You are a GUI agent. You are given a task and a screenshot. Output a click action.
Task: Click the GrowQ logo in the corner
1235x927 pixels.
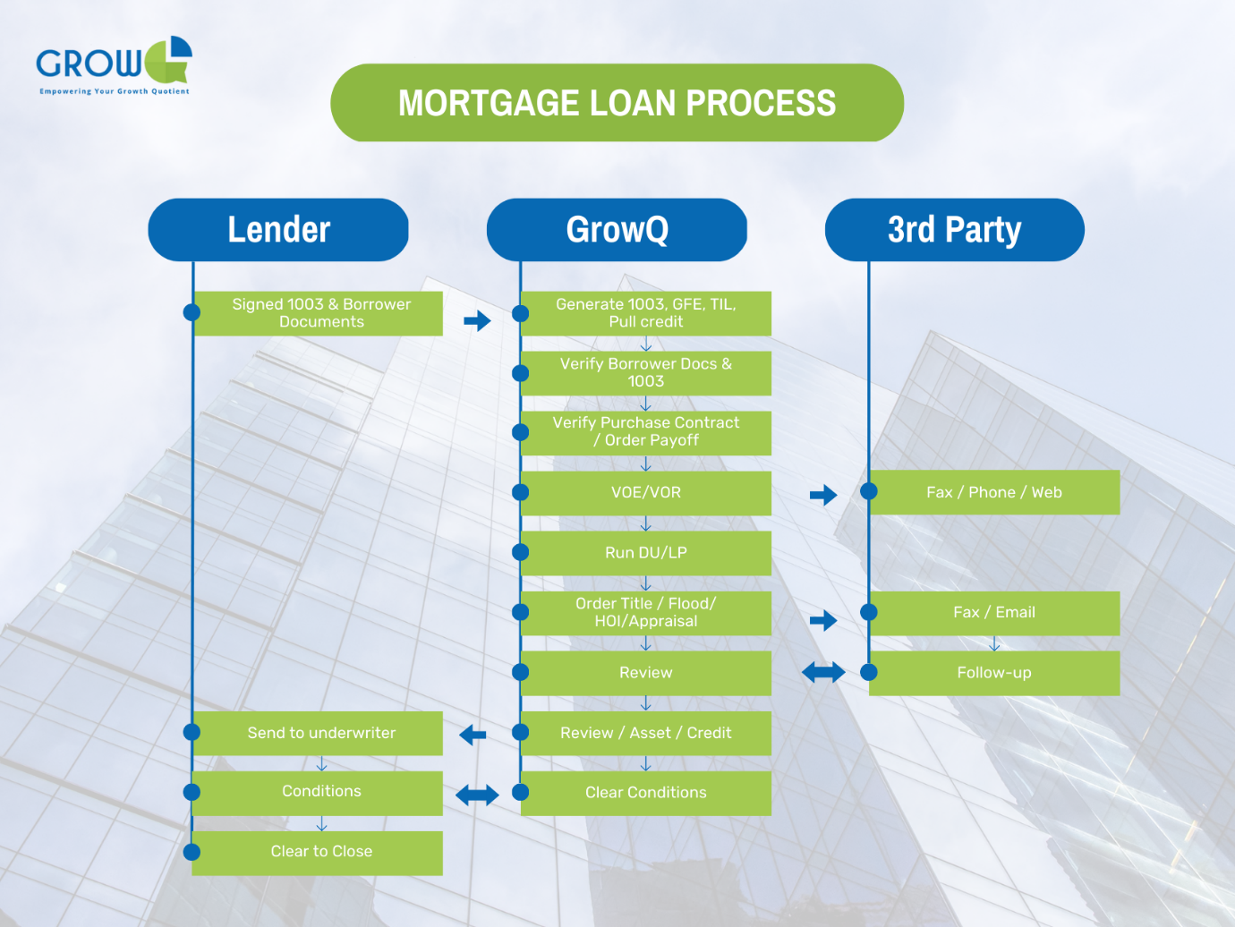coord(114,65)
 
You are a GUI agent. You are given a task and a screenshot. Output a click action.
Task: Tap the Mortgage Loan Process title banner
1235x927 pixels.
coord(617,103)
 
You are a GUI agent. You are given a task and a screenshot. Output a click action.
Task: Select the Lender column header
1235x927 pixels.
coord(278,230)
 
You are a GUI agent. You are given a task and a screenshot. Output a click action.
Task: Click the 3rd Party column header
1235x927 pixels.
coord(954,230)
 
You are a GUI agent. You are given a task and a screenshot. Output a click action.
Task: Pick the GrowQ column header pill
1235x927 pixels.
coord(617,230)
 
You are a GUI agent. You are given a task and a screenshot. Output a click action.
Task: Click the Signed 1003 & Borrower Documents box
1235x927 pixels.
coord(320,313)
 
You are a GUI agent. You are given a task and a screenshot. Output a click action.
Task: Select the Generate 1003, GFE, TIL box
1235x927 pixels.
coord(645,313)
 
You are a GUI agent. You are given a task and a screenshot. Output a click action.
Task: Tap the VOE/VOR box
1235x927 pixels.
coord(645,493)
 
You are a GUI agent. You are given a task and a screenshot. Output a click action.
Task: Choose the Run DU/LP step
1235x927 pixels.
coord(645,553)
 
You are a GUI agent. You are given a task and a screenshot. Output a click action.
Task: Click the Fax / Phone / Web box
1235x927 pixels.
coord(993,492)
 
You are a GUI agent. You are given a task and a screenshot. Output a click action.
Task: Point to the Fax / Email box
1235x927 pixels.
coord(993,613)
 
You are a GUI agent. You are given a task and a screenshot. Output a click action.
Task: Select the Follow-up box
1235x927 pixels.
coord(993,673)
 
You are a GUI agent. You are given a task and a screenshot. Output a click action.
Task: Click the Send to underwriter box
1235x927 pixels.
coord(320,733)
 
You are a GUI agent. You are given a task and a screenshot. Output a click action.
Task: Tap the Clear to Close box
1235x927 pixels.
coord(320,852)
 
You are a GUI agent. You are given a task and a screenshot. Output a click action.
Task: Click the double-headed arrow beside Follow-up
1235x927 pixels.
coord(823,672)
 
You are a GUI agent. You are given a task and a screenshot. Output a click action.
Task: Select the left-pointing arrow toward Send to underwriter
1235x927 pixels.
coord(473,736)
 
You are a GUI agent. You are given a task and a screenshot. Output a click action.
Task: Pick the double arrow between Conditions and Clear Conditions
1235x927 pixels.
coord(477,795)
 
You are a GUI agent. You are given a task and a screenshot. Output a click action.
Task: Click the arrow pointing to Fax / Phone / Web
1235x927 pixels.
coord(823,495)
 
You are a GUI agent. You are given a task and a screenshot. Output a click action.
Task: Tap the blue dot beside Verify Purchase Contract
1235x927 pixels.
coord(520,432)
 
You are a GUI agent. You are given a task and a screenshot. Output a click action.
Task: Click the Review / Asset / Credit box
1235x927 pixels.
coord(645,733)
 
